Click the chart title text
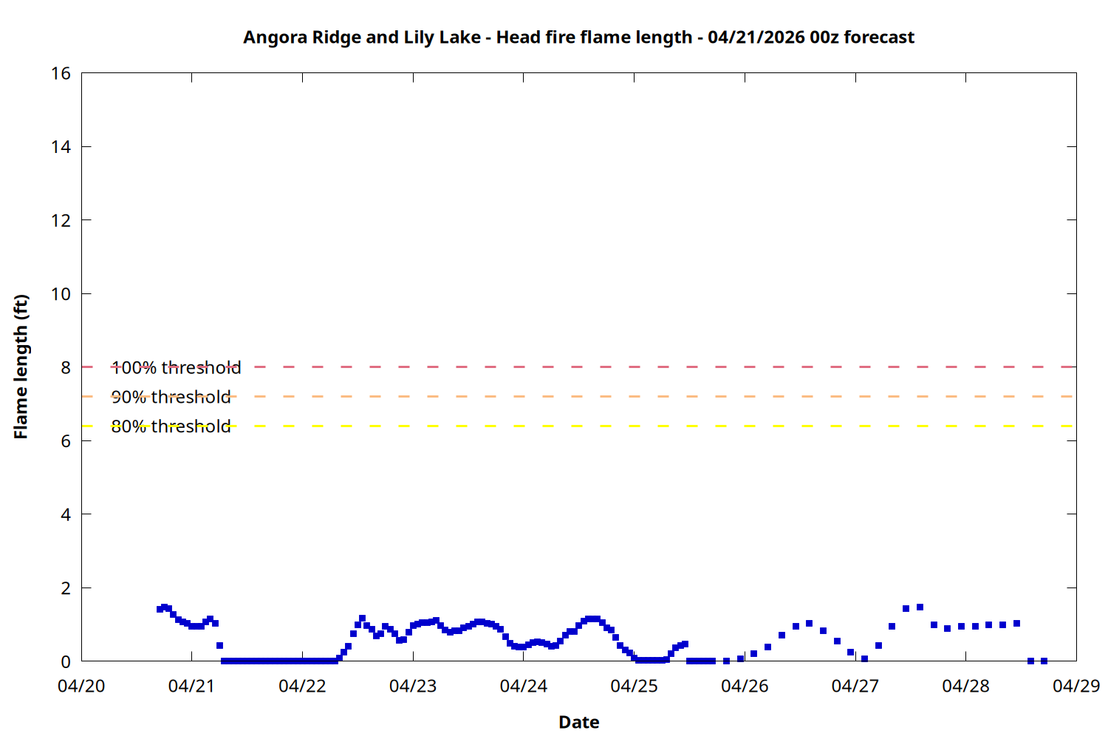[578, 37]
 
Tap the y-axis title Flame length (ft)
[21, 367]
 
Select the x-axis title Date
[578, 722]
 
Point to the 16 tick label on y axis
[61, 73]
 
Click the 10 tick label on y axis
[61, 294]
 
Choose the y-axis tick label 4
[66, 514]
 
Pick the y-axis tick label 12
[61, 220]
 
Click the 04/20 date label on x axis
[81, 686]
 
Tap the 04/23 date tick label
[413, 686]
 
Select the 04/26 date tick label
[745, 686]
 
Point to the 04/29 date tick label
[1076, 686]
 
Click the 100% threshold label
[176, 367]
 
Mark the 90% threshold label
[171, 397]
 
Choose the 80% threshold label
[171, 426]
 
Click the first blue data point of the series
[160, 609]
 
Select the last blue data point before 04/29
[1044, 661]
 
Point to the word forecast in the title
[879, 37]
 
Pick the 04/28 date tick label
[965, 686]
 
